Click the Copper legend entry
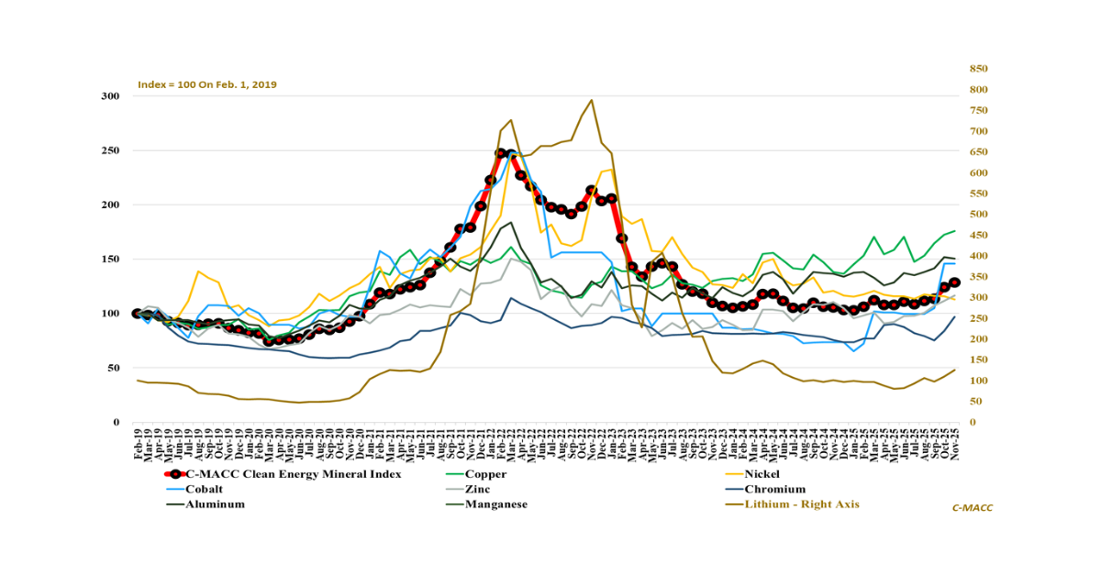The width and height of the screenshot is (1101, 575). pos(485,474)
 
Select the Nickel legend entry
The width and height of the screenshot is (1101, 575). pos(764,474)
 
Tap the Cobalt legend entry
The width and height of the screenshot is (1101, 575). pos(205,489)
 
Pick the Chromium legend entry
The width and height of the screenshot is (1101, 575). pos(773,489)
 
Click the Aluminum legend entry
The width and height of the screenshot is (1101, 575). pos(215,503)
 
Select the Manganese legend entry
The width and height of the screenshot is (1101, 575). pos(495,503)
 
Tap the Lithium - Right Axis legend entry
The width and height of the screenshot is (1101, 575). pos(802,503)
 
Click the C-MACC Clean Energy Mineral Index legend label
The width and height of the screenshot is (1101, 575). pos(293,474)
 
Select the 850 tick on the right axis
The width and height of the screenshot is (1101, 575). pos(979,69)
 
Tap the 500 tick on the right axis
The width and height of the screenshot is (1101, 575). pos(979,215)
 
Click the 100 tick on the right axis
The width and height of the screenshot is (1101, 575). pos(979,381)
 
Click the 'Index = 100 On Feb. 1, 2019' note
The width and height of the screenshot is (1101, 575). pos(207,84)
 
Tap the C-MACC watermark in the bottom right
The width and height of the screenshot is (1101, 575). pos(973,507)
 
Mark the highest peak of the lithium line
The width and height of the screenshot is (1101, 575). pos(591,100)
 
